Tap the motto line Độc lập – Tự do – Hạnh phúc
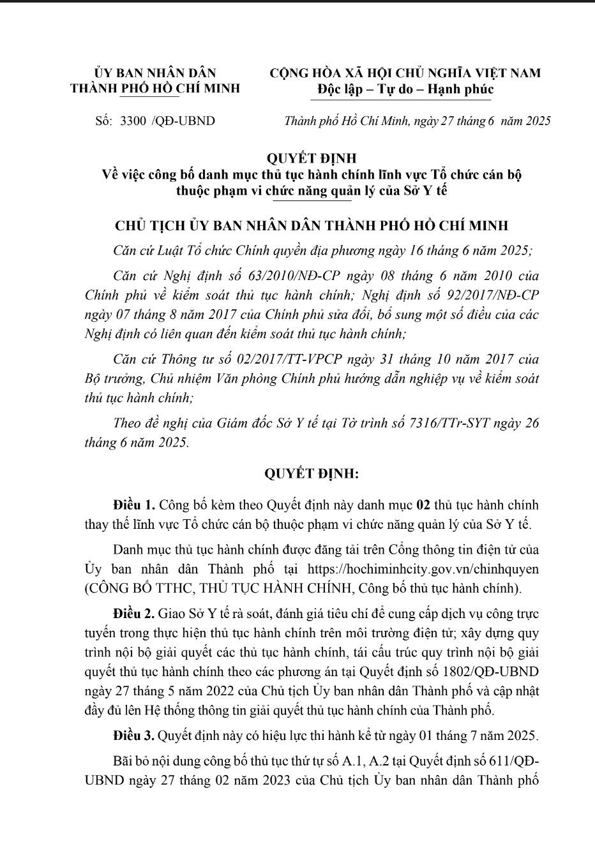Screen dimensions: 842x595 [405, 89]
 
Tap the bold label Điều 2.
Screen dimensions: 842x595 [133, 614]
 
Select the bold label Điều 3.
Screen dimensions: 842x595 [133, 735]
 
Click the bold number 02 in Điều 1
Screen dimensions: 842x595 [423, 506]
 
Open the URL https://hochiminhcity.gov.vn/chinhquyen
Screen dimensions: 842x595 [423, 568]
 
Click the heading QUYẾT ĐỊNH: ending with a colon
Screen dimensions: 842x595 [312, 474]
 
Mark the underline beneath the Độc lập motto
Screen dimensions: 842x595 [405, 100]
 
